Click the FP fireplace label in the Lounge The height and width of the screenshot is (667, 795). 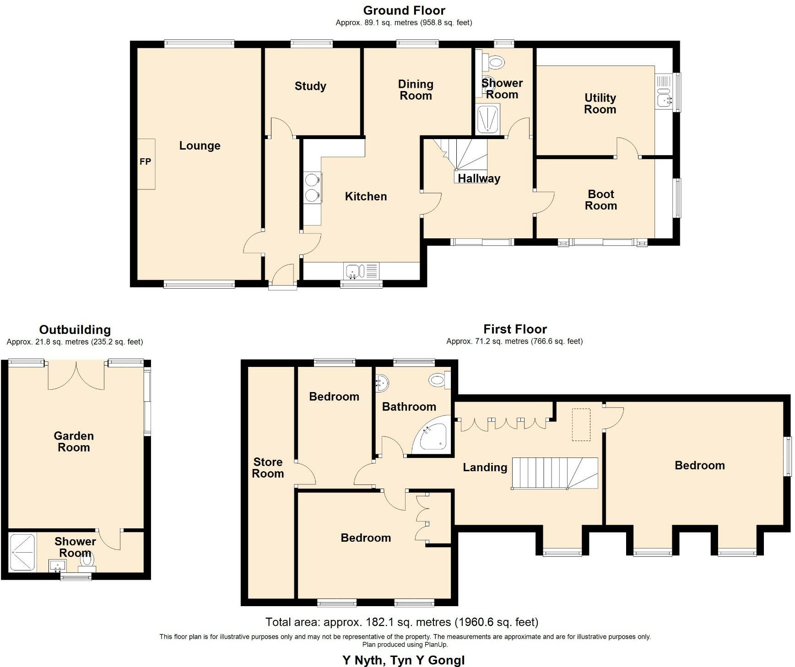[x=145, y=162]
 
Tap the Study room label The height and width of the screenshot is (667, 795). [x=310, y=86]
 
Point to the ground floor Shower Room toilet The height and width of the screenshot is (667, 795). [x=494, y=62]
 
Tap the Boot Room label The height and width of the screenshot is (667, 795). [x=600, y=200]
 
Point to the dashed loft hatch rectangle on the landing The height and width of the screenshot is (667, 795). [x=581, y=425]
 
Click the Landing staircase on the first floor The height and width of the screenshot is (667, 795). [x=554, y=473]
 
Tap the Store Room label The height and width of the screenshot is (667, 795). [x=268, y=468]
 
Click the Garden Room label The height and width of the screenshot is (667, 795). [x=74, y=441]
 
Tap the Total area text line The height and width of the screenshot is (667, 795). [x=401, y=622]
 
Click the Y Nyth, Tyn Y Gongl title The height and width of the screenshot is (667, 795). [x=403, y=660]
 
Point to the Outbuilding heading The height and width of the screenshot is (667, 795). [x=75, y=330]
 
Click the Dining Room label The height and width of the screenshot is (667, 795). [x=415, y=90]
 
